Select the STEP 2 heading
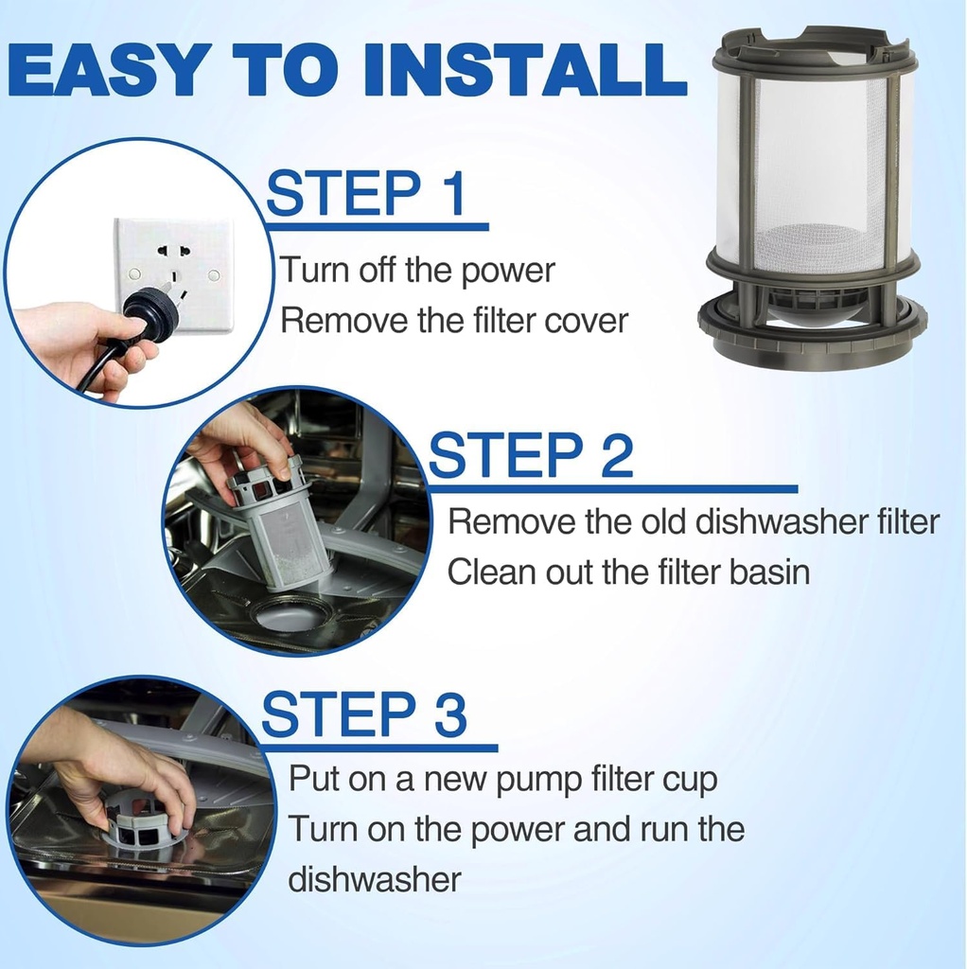(x=531, y=455)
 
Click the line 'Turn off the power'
(x=416, y=271)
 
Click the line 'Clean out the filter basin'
(x=628, y=572)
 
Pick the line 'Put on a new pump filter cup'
(x=502, y=780)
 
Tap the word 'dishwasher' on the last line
(x=374, y=879)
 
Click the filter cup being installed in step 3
(x=142, y=823)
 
